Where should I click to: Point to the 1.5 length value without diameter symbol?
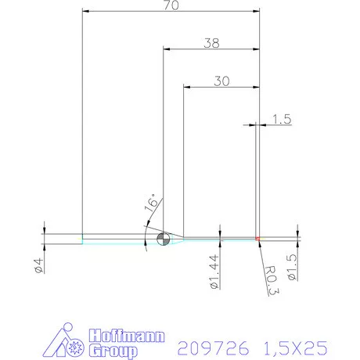282,119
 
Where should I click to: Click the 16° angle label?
152,206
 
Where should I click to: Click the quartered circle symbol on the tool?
164,239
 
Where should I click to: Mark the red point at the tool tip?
257,238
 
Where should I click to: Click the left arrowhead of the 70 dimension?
87,13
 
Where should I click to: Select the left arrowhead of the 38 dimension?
167,49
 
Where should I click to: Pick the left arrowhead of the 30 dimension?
187,85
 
